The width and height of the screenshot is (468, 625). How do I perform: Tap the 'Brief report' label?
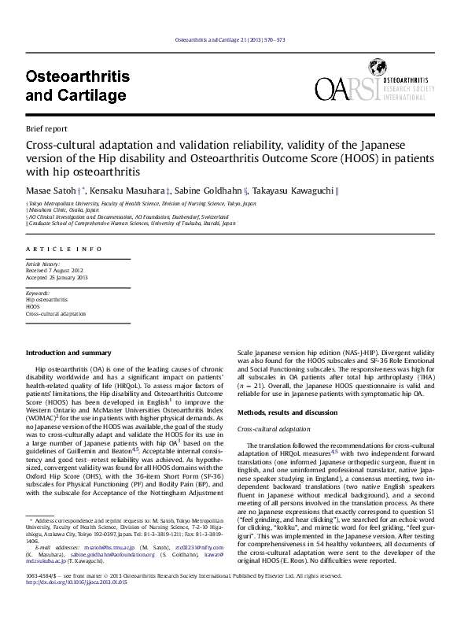46,128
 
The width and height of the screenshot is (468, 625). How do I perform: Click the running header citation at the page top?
234,40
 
